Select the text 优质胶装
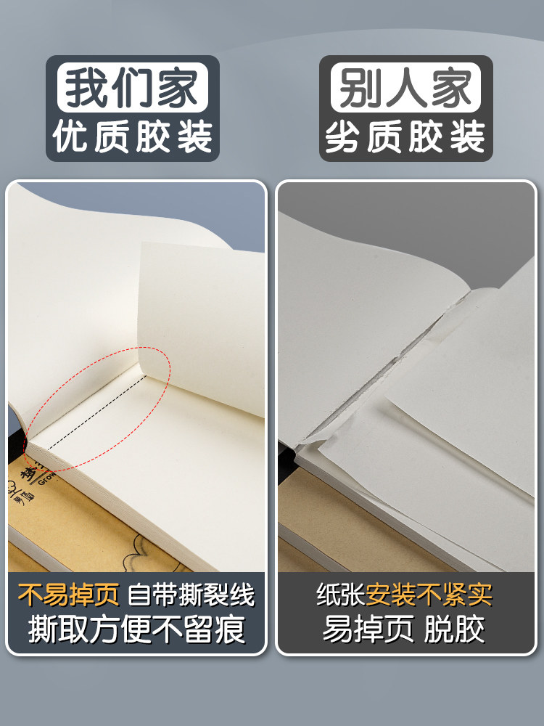point(133,137)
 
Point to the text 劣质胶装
point(405,137)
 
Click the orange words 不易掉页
point(68,595)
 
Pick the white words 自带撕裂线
point(191,595)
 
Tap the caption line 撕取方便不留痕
point(136,629)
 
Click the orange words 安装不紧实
point(429,595)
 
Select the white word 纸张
point(341,595)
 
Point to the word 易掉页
point(368,629)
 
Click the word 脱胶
point(454,629)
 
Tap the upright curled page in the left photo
point(204,324)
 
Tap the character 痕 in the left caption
point(230,629)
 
